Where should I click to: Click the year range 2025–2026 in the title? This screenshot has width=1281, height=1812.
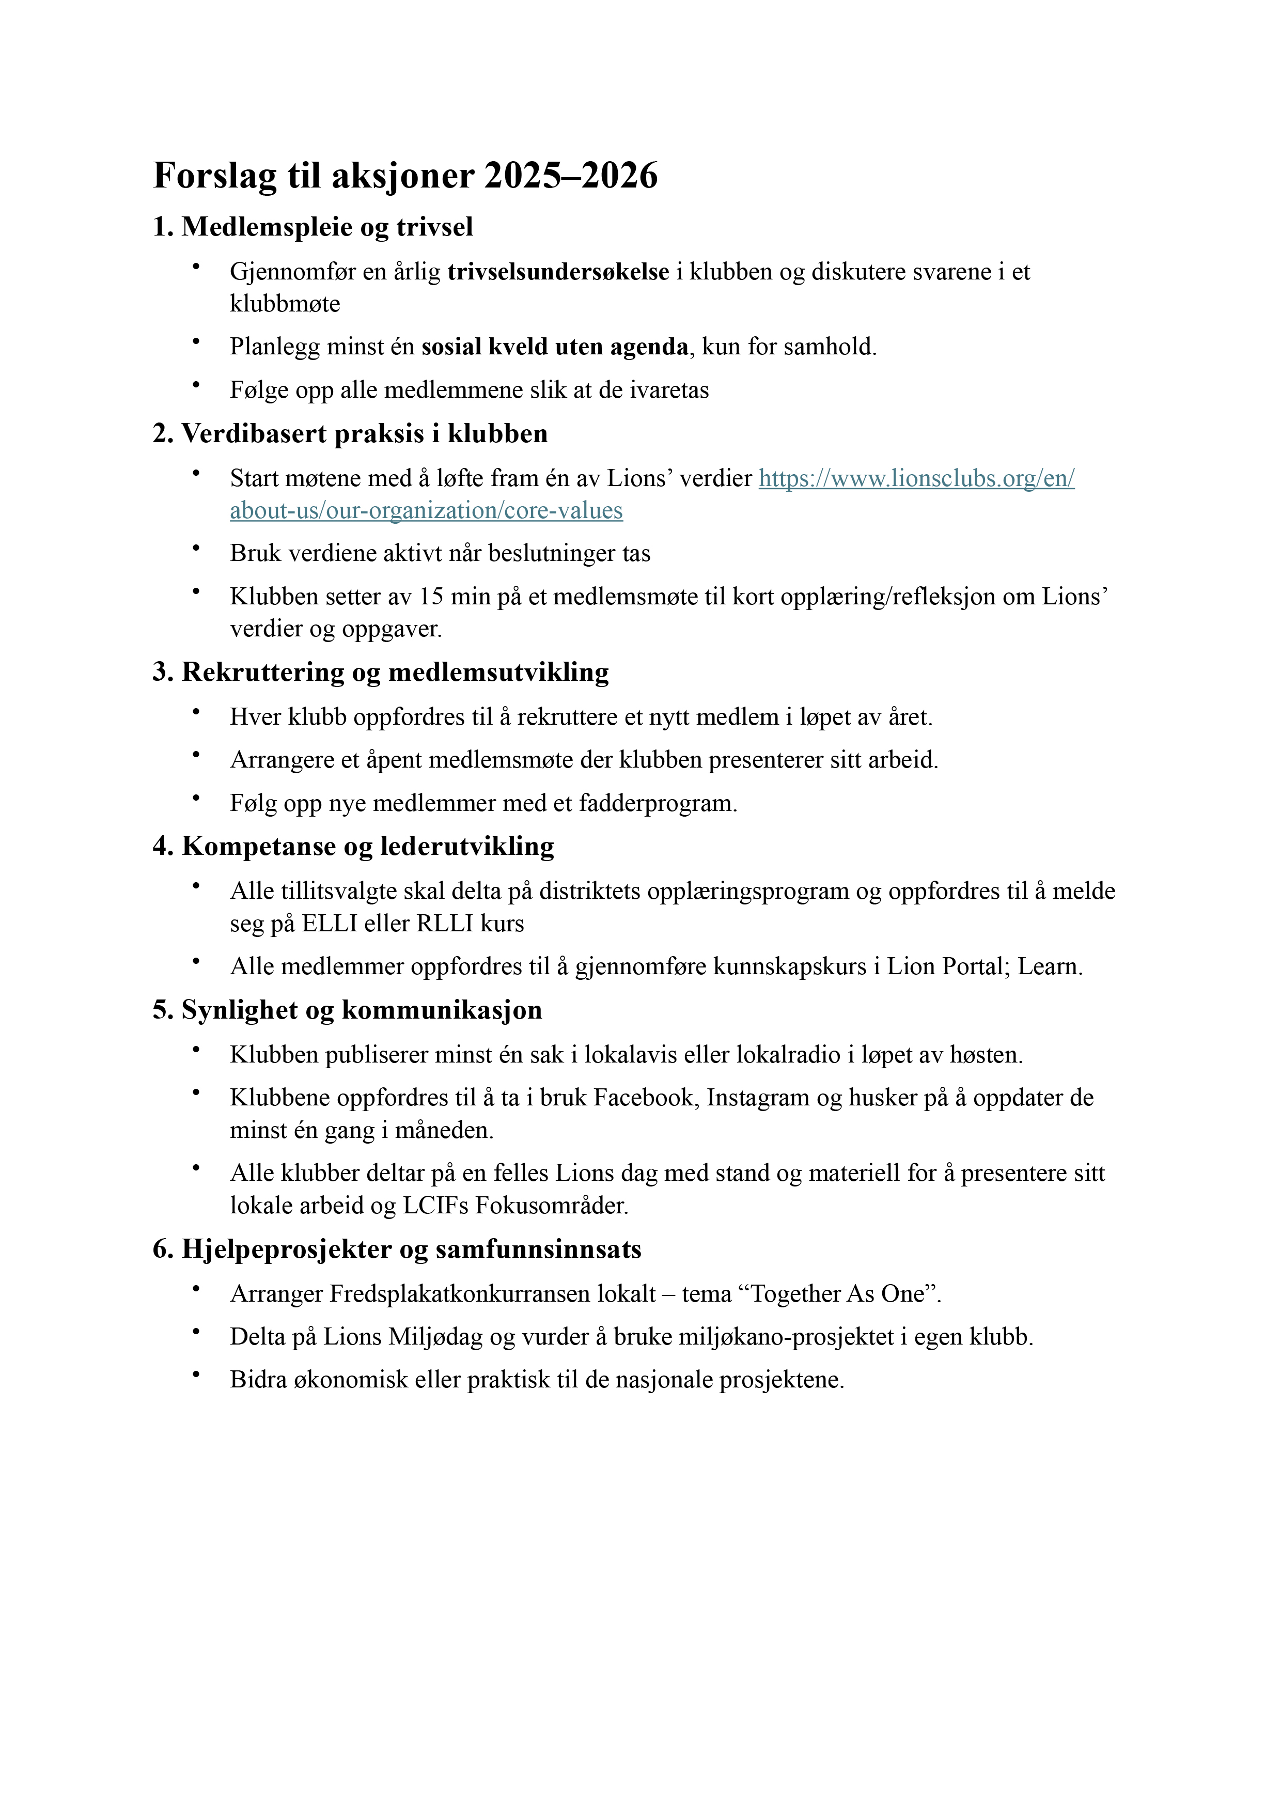pos(571,175)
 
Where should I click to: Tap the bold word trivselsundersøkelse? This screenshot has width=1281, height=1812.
pos(558,272)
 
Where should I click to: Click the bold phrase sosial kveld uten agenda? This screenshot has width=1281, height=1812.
pos(554,347)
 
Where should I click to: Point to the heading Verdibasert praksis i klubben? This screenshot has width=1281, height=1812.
pos(350,434)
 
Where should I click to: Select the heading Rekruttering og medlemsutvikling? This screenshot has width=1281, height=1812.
pos(381,673)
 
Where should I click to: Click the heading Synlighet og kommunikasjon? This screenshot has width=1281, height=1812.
pos(347,1011)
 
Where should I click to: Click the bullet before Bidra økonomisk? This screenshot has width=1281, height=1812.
pos(196,1374)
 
